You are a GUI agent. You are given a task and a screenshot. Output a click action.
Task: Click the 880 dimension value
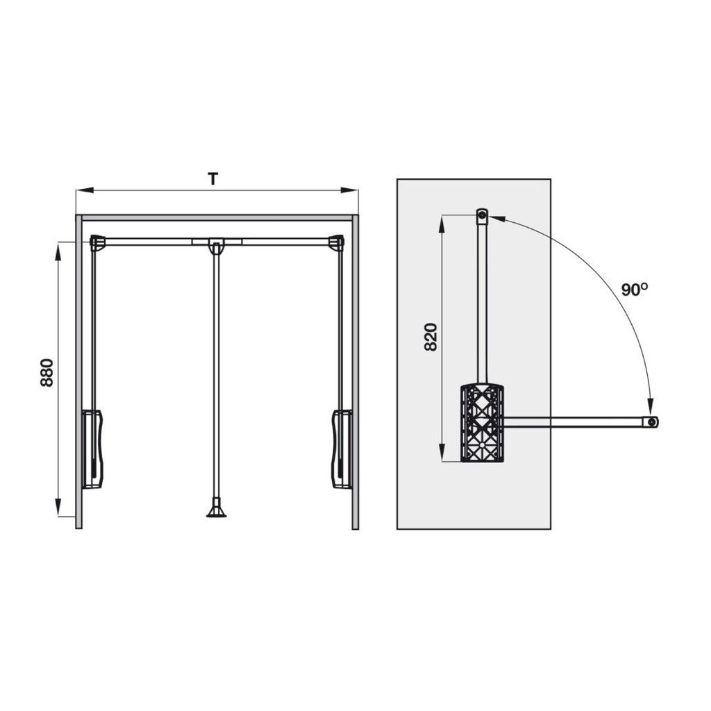(x=47, y=373)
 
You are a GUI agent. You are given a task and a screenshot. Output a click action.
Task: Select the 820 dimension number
(x=430, y=337)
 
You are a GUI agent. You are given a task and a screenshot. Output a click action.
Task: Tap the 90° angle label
(x=635, y=290)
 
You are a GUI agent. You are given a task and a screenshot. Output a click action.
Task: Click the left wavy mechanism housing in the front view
(x=92, y=449)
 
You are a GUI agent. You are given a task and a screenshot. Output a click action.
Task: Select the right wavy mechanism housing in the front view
(x=342, y=449)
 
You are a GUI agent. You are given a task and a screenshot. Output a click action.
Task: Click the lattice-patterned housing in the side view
(x=482, y=422)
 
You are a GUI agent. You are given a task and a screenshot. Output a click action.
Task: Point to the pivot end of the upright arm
(x=482, y=216)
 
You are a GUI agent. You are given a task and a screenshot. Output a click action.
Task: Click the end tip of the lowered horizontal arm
(x=652, y=421)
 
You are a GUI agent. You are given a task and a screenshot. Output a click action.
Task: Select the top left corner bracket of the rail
(x=97, y=242)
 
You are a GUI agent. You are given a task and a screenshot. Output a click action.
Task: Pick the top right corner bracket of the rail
(x=337, y=242)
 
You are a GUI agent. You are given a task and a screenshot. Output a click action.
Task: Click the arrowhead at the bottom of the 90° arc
(x=651, y=408)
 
